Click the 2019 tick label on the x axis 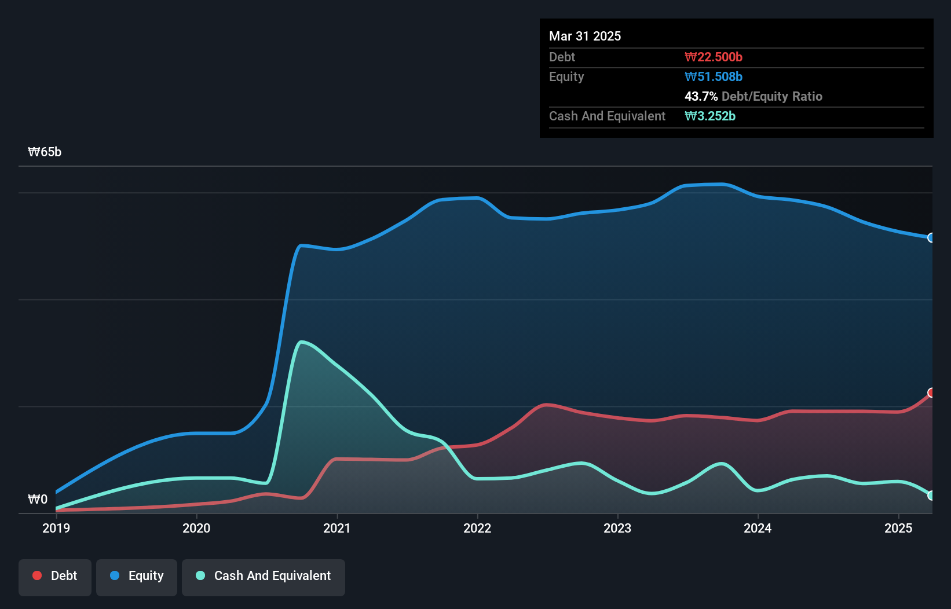click(x=56, y=528)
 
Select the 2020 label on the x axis click(x=196, y=528)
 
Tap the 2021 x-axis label click(x=336, y=528)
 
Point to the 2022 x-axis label click(x=477, y=528)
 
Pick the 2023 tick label click(x=617, y=528)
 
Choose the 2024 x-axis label click(x=758, y=528)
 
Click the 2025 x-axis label click(x=898, y=528)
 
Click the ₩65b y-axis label click(x=45, y=152)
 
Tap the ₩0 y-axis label click(x=38, y=499)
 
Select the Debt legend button click(x=55, y=576)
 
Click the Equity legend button click(x=137, y=576)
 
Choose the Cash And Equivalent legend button click(x=264, y=576)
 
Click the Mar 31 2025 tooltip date click(x=585, y=36)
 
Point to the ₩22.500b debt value click(x=714, y=57)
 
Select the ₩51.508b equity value click(x=714, y=77)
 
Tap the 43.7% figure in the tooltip click(x=701, y=97)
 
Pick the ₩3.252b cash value click(x=710, y=116)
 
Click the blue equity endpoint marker click(x=931, y=238)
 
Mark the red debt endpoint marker click(x=931, y=393)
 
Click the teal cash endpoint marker click(x=931, y=496)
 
